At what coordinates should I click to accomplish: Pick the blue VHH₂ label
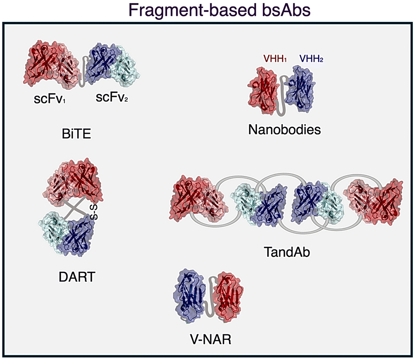point(311,59)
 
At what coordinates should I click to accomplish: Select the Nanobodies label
point(284,129)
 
